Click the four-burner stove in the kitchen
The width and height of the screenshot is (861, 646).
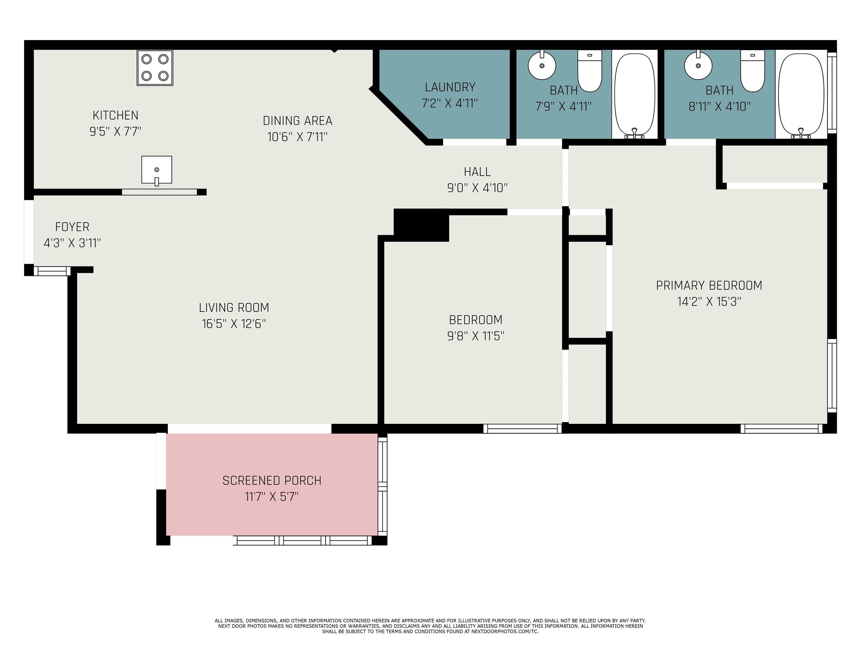pyautogui.click(x=155, y=68)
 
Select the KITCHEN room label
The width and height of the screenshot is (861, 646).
pyautogui.click(x=115, y=115)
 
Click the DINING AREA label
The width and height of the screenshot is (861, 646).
pyautogui.click(x=298, y=121)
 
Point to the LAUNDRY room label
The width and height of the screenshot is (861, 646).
pyautogui.click(x=450, y=87)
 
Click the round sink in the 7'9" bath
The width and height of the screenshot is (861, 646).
pyautogui.click(x=542, y=65)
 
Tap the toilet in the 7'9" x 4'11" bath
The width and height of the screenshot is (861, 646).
pyautogui.click(x=590, y=71)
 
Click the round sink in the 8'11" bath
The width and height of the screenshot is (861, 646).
pyautogui.click(x=698, y=65)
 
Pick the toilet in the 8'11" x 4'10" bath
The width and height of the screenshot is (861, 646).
pyautogui.click(x=753, y=71)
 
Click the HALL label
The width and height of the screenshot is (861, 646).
pyautogui.click(x=477, y=172)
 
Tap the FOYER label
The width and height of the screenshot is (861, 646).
pyautogui.click(x=72, y=227)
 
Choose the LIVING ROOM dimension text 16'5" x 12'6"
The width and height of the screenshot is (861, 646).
pyautogui.click(x=234, y=324)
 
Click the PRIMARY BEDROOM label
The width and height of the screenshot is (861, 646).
pyautogui.click(x=709, y=285)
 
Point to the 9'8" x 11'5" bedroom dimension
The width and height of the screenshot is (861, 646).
pyautogui.click(x=476, y=336)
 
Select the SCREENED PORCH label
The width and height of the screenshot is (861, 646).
pyautogui.click(x=272, y=481)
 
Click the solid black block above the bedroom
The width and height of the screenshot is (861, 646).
pyautogui.click(x=422, y=225)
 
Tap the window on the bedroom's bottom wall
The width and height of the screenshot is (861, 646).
pyautogui.click(x=522, y=428)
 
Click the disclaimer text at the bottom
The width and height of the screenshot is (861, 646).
pyautogui.click(x=430, y=626)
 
